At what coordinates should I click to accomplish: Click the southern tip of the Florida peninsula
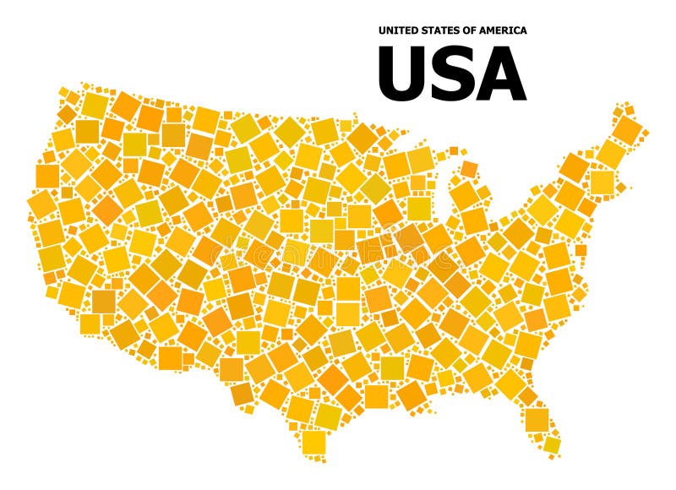[x=553, y=448]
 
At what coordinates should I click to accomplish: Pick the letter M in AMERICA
[x=490, y=30]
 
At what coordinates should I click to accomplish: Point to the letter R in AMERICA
[x=505, y=30]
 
